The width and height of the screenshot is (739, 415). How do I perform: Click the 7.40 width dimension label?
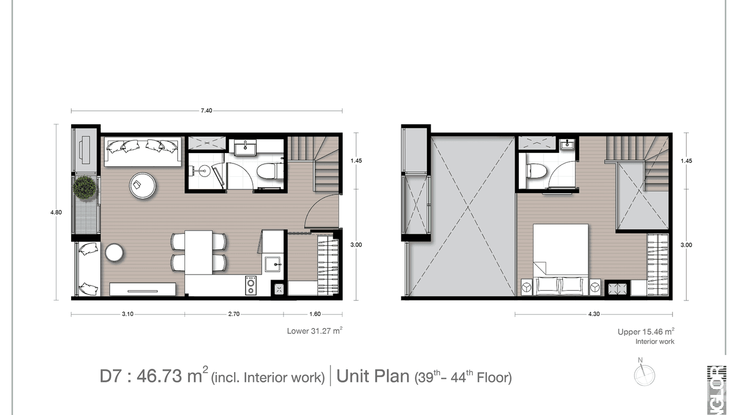206,111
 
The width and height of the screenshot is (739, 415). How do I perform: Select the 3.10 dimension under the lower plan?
127,314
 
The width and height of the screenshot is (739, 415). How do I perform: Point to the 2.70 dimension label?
233,314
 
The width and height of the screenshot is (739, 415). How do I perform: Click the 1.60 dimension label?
315,314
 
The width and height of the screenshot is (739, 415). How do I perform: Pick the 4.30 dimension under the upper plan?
594,314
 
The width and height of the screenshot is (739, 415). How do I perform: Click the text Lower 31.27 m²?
315,331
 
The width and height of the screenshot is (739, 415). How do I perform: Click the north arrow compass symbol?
643,375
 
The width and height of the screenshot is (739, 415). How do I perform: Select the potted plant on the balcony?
85,188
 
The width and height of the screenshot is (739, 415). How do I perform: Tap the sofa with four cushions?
143,151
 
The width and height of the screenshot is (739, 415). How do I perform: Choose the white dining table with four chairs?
198,252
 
